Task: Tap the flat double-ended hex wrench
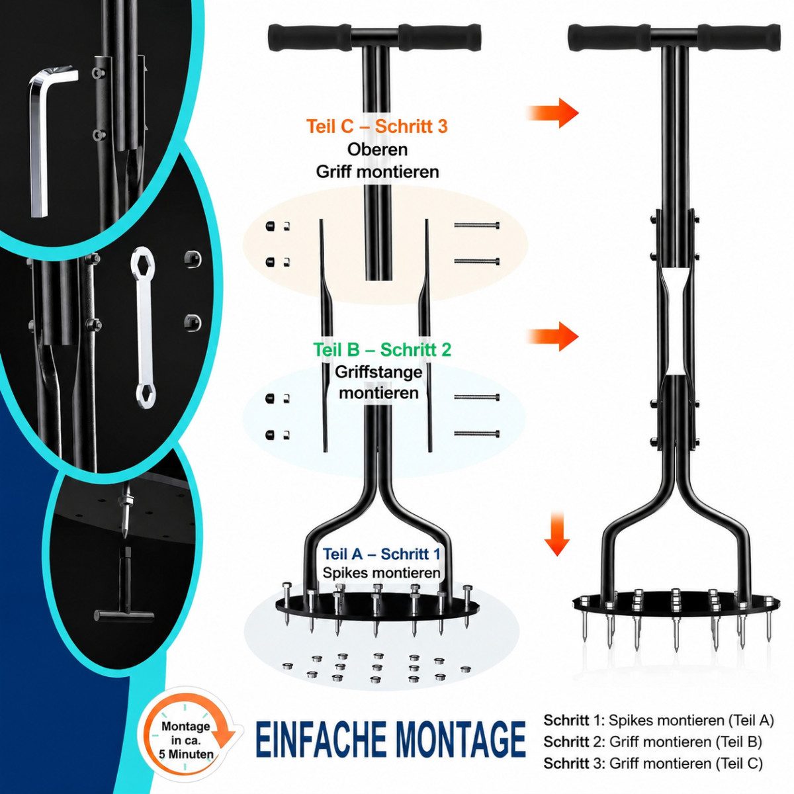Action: coord(142,328)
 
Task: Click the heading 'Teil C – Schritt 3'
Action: coord(376,126)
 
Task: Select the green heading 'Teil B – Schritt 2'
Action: coord(382,350)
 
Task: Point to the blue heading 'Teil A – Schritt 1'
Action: coord(382,554)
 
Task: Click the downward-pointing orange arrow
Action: coord(557,533)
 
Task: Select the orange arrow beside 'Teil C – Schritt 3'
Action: coord(553,112)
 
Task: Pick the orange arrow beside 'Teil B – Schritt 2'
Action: coord(553,337)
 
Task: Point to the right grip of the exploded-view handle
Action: coord(439,38)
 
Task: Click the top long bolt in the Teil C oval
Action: coord(477,225)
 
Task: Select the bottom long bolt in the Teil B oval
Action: coord(477,434)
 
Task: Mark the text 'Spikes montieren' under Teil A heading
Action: coord(382,573)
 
